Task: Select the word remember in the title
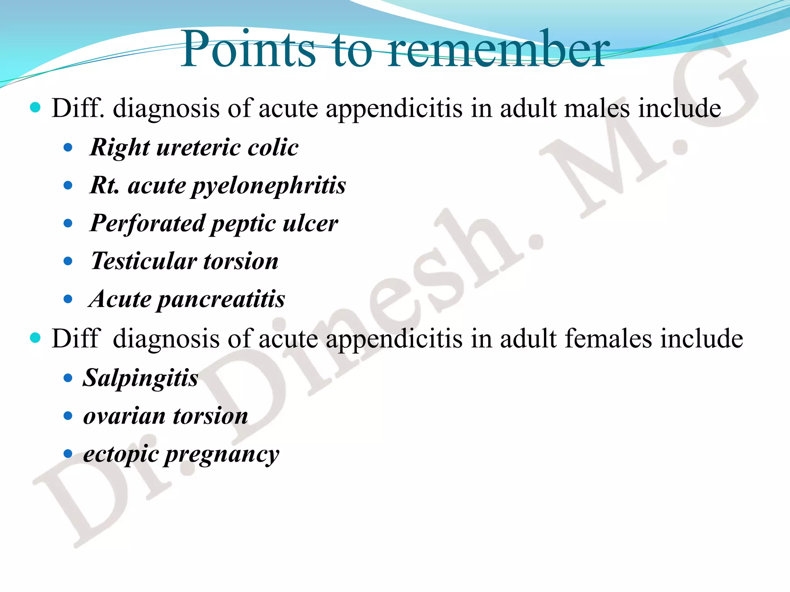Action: pos(498,49)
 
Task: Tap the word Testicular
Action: pos(143,261)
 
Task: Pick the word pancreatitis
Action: pos(221,299)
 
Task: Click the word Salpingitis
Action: pos(140,378)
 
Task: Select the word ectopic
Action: pos(121,454)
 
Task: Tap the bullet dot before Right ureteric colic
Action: pos(68,147)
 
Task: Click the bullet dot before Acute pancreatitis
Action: pos(68,299)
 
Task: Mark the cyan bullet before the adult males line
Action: pos(35,107)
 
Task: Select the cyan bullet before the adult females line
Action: pos(35,338)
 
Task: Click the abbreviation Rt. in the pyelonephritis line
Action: pos(104,185)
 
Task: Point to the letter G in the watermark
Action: pos(714,89)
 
